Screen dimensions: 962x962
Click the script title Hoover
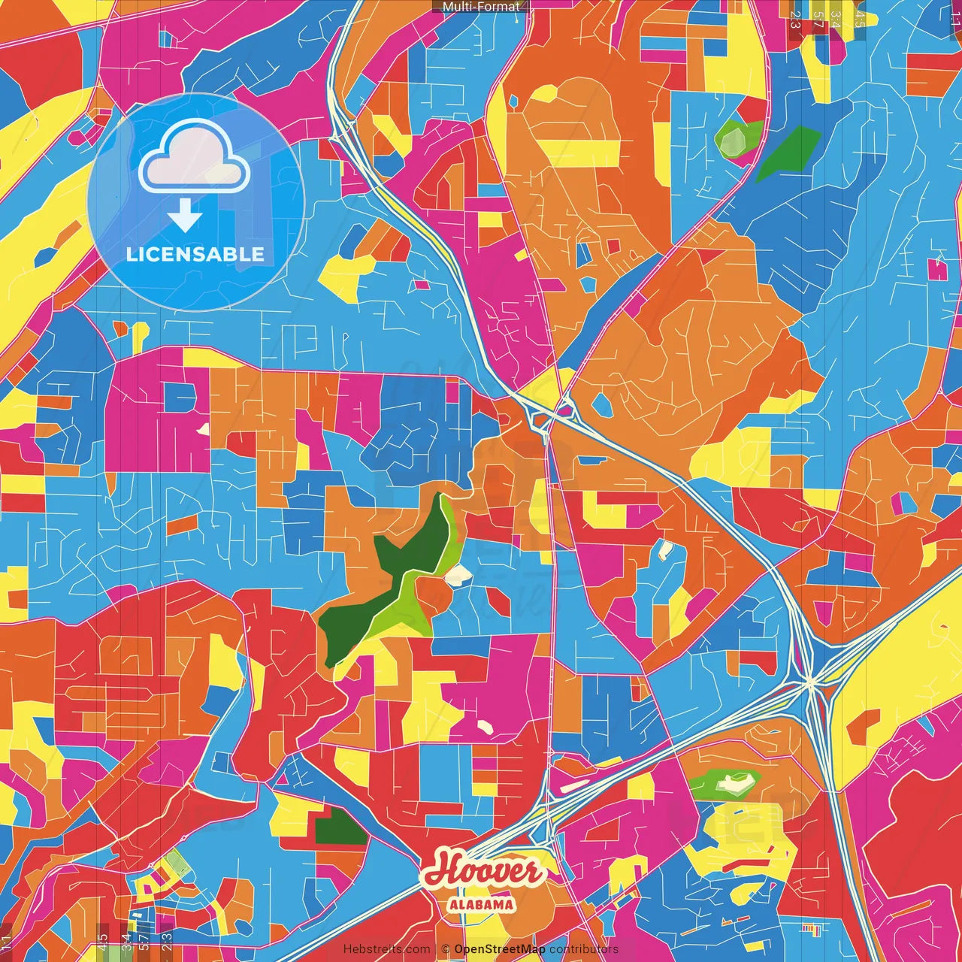[x=483, y=872]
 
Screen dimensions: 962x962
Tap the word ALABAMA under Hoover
[x=482, y=904]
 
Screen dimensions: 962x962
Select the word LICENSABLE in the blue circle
[x=195, y=254]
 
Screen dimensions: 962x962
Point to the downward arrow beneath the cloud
[x=184, y=216]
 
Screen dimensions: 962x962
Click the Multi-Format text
[x=480, y=7]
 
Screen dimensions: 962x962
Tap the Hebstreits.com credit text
[x=386, y=949]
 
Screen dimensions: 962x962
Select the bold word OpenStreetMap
[x=500, y=949]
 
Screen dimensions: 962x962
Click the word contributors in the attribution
[x=583, y=949]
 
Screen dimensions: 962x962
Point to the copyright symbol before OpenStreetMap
[x=445, y=949]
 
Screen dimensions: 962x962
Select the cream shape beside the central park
[x=458, y=575]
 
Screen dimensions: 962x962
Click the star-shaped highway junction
[x=810, y=682]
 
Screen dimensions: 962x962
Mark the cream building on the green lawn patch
[x=729, y=784]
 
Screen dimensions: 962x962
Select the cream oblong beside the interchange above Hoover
[x=575, y=787]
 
